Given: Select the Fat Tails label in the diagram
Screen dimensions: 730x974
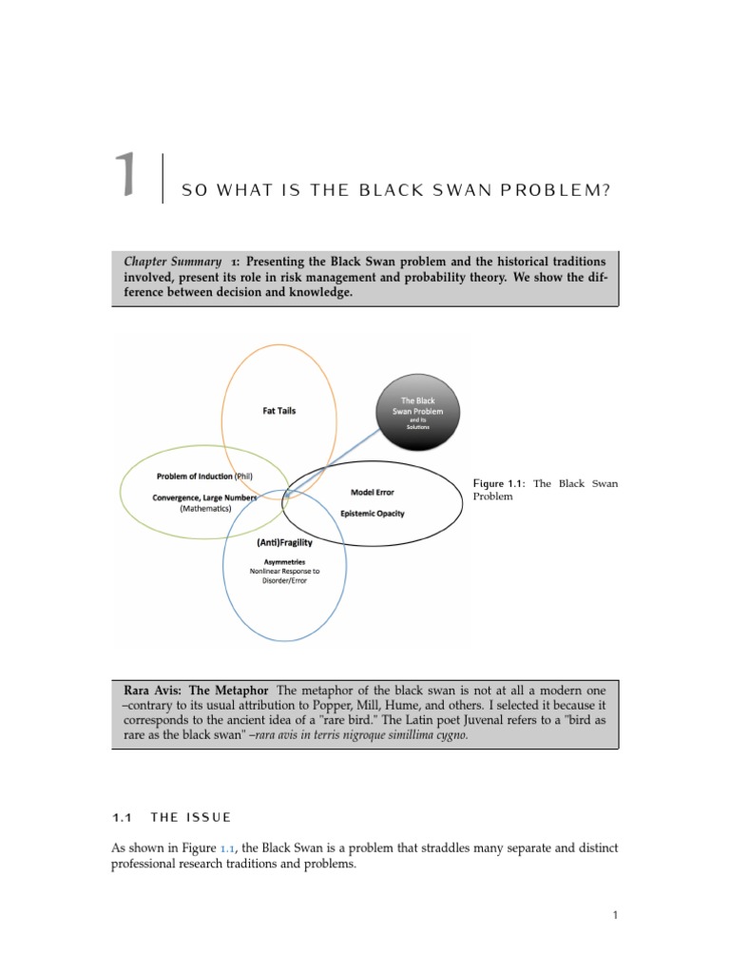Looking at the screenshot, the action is pyautogui.click(x=279, y=411).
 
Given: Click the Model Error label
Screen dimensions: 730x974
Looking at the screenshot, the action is pyautogui.click(x=372, y=492).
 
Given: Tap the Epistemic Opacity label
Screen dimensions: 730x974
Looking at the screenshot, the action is pyautogui.click(x=372, y=514).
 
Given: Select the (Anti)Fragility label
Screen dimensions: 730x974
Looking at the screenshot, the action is pyautogui.click(x=284, y=541).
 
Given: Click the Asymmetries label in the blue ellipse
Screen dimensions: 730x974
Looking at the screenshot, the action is pyautogui.click(x=284, y=561).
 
